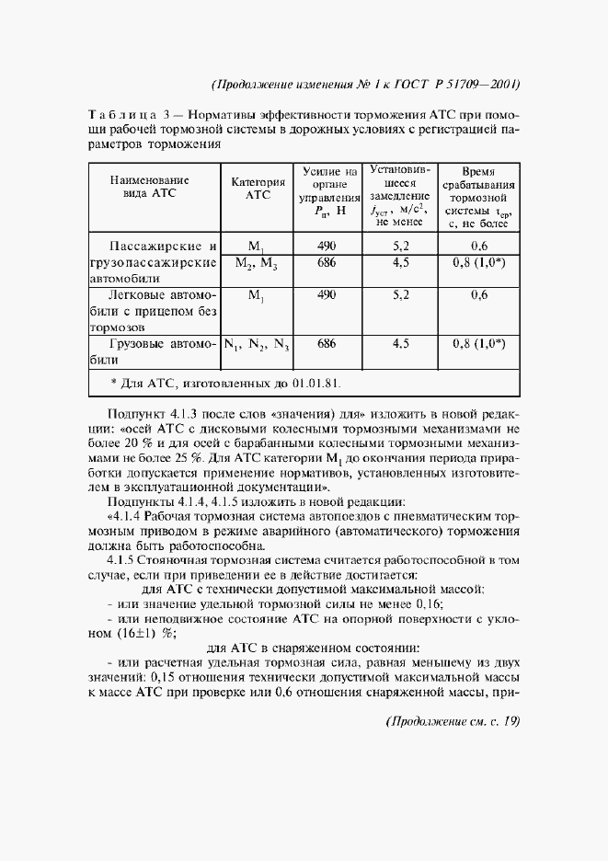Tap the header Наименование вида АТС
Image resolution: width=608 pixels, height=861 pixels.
pos(149,189)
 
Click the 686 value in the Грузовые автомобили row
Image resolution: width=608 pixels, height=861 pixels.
pos(327,343)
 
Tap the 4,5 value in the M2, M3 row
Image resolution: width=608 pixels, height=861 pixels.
pos(400,262)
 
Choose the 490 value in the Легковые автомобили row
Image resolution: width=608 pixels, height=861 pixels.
pos(327,295)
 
